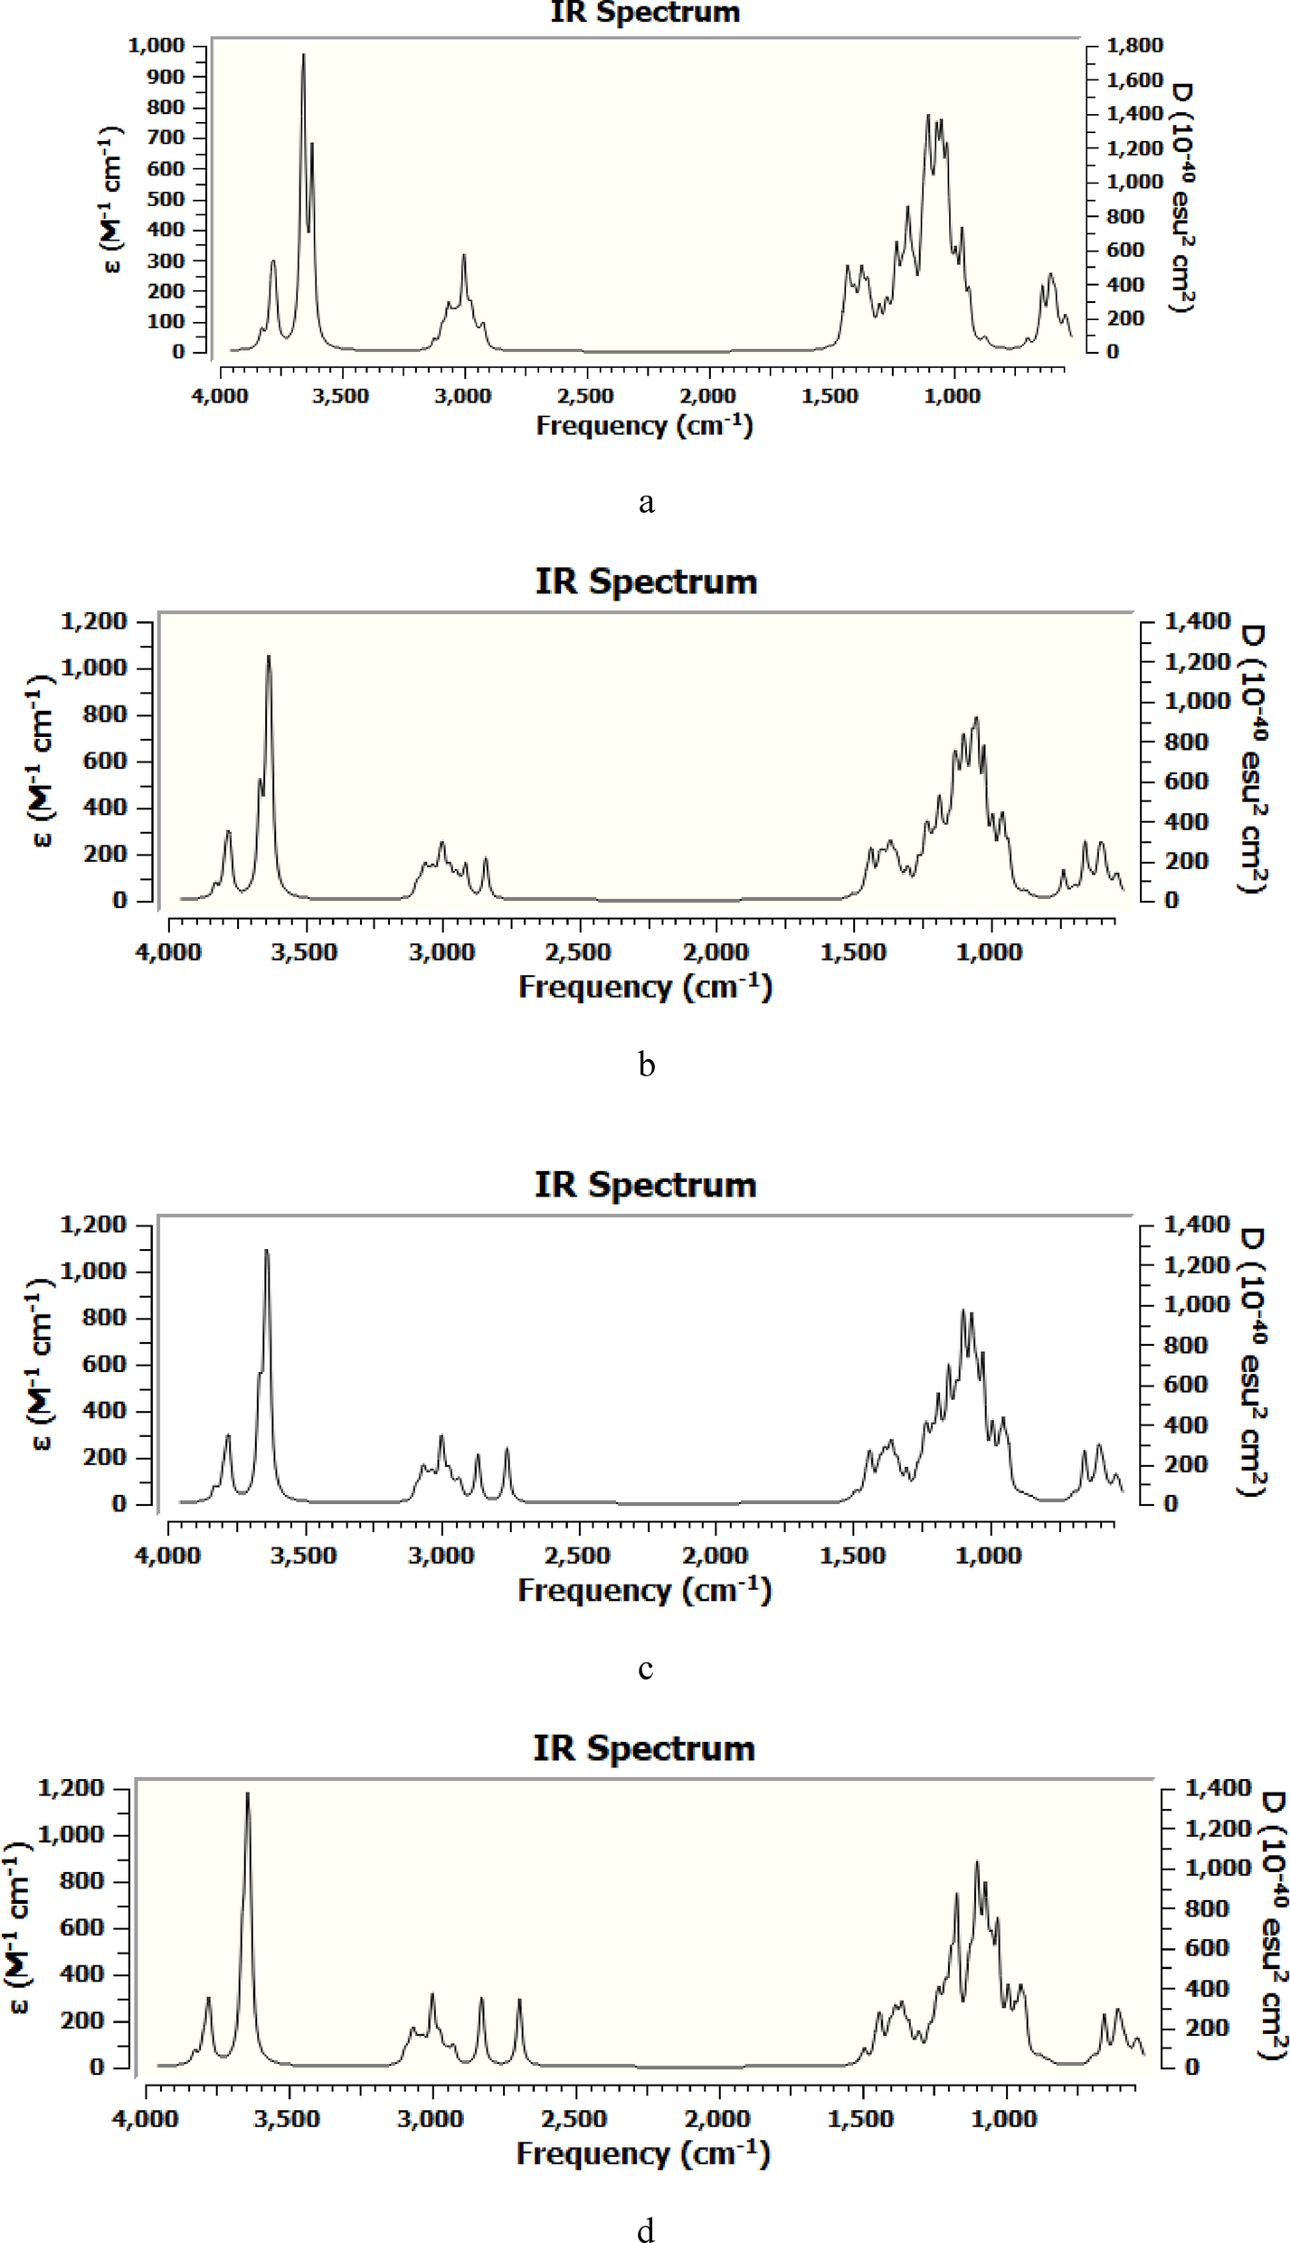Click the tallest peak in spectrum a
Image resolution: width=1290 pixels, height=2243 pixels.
pos(304,56)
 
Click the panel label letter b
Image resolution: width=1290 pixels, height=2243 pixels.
pos(646,1065)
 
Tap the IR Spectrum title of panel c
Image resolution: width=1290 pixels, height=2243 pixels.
pos(645,1184)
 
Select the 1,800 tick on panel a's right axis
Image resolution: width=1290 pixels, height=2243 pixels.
pos(1134,45)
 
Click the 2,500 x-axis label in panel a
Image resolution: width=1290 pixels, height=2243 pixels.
pos(586,396)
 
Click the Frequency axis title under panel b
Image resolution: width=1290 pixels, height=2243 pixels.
pos(645,987)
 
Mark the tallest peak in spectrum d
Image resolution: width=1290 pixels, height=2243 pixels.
pos(247,1793)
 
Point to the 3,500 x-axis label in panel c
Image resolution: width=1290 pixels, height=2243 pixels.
pos(306,1556)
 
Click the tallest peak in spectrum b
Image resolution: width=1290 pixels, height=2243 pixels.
pos(268,658)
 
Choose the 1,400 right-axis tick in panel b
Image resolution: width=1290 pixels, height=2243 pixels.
pos(1197,621)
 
